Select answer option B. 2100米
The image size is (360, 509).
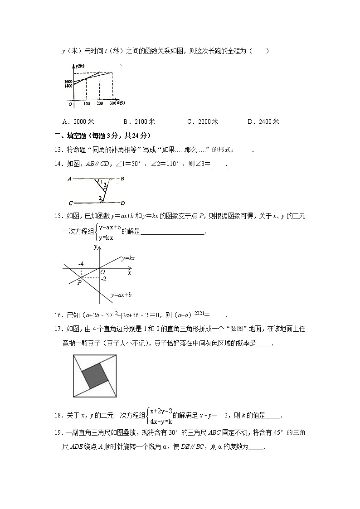pos(139,121)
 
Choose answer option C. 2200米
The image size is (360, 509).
pos(203,121)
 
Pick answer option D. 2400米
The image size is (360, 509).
pos(263,121)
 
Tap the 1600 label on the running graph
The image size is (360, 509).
pos(68,82)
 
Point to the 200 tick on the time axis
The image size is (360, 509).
pos(100,104)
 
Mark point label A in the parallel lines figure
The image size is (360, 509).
pos(68,179)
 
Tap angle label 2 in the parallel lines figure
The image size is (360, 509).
pos(100,198)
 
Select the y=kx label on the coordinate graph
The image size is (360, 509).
pos(129,258)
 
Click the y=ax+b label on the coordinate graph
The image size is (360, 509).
pos(121,295)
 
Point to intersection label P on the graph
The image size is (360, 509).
pos(79,282)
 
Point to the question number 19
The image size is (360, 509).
pos(65,433)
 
